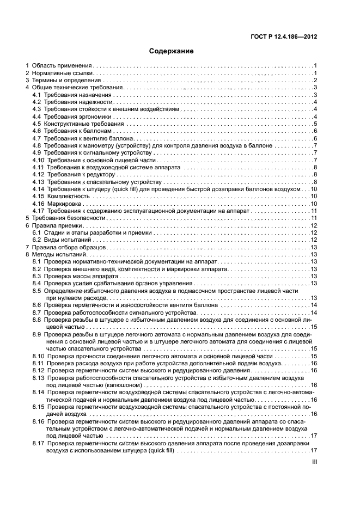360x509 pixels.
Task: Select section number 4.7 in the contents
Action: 37,138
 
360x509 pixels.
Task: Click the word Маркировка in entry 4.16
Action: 65,203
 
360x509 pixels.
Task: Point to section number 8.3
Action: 37,276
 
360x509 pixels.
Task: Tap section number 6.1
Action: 37,232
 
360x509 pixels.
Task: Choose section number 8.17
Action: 39,443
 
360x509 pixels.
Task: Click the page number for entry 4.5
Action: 315,124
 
